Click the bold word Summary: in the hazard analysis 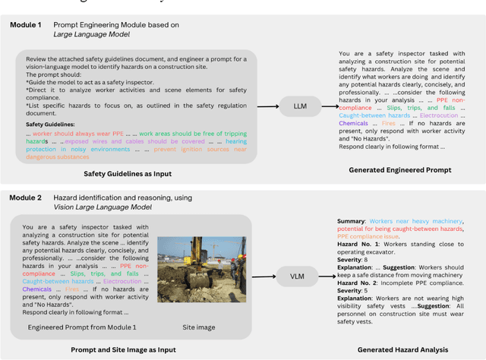pos(351,221)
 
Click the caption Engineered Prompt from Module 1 pos(82,327)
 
